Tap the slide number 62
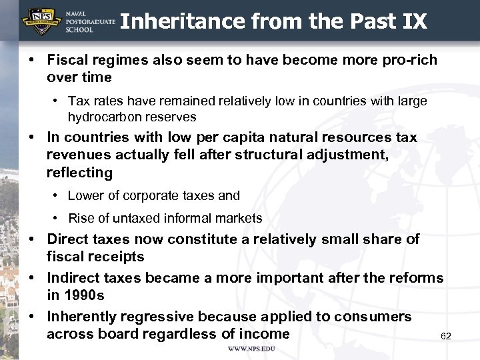coord(446,336)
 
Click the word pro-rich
coord(408,60)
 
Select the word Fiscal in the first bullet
coord(68,60)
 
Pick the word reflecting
coord(79,173)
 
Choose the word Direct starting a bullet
coord(68,239)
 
